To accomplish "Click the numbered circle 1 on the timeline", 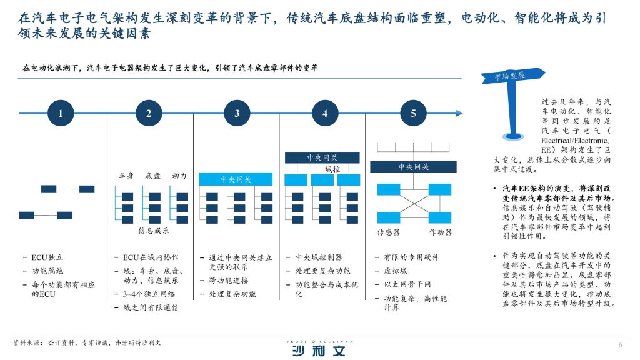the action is [x=61, y=113].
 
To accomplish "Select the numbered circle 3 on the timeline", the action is [x=237, y=113].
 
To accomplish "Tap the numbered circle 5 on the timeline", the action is [x=413, y=113].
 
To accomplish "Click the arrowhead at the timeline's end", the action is [x=459, y=113].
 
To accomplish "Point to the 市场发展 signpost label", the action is [x=509, y=76].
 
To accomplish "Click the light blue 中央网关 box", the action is [x=236, y=179].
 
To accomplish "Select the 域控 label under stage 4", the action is [x=332, y=169].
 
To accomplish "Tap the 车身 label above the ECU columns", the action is [x=126, y=176].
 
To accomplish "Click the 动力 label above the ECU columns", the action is [x=179, y=176].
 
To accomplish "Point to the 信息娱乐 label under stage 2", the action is [x=154, y=231].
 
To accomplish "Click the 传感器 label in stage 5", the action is [x=388, y=232].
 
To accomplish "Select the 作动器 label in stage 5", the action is [x=441, y=232].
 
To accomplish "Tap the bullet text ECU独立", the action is [x=47, y=257].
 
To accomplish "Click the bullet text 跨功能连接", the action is [x=229, y=281].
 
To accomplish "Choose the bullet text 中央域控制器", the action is [x=319, y=257].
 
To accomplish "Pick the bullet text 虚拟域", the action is [x=396, y=271].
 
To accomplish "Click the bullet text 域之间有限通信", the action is [x=151, y=307].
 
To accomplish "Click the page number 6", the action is [x=621, y=345].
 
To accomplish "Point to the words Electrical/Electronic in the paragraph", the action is [x=575, y=141].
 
